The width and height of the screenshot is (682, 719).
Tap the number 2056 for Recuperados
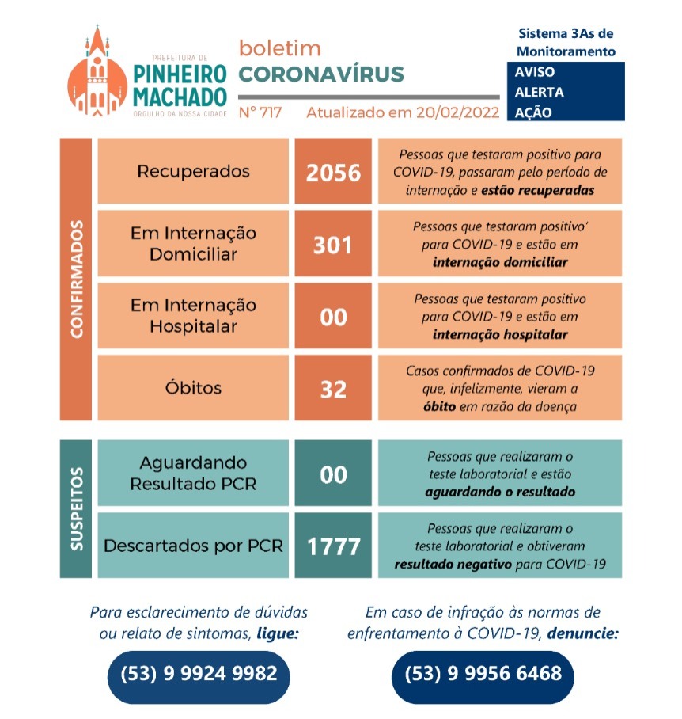(x=333, y=172)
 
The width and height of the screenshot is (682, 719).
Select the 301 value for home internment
(x=333, y=245)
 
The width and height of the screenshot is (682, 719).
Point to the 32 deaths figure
(x=333, y=390)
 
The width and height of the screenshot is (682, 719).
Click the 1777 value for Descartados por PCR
(x=333, y=546)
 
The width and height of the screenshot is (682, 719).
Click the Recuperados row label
(x=193, y=171)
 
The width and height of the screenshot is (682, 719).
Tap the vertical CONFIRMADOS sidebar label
(x=76, y=280)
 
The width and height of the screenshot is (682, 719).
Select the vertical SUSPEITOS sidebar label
(x=76, y=508)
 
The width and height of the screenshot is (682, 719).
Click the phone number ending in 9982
(x=199, y=674)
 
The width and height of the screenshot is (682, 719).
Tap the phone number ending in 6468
(x=483, y=674)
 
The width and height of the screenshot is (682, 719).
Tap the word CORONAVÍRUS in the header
(x=320, y=74)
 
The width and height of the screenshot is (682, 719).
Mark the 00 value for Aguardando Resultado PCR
(x=333, y=474)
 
